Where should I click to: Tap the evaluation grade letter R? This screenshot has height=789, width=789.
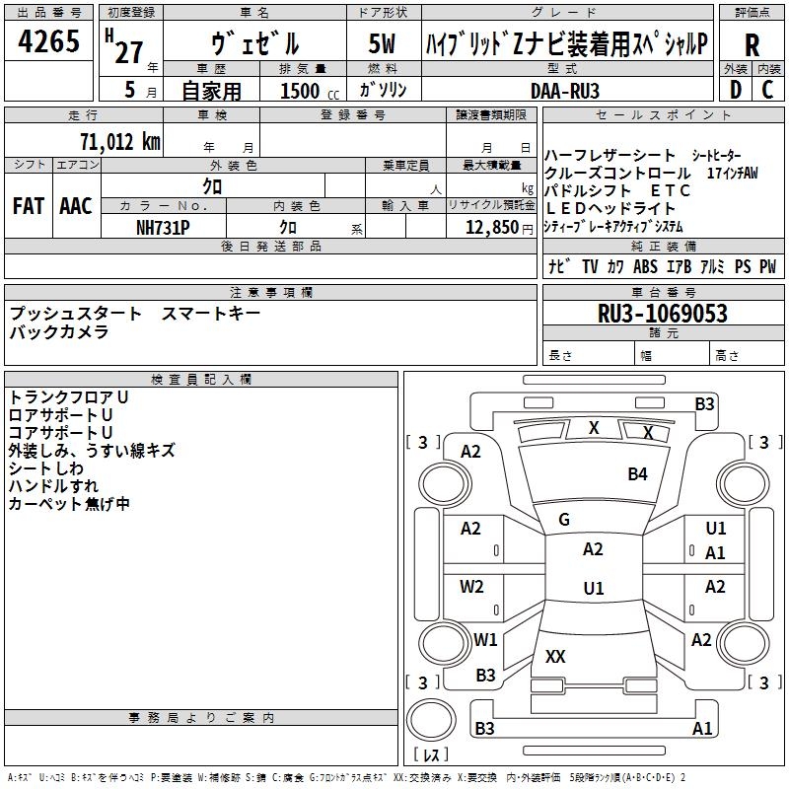[753, 45]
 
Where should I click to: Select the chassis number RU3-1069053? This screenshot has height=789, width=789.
[663, 314]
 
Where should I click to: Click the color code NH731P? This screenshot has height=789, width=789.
[163, 226]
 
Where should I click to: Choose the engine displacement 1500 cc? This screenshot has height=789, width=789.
[301, 91]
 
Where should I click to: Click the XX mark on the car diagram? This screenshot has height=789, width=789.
[555, 656]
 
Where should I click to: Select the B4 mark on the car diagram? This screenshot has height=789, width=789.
[638, 474]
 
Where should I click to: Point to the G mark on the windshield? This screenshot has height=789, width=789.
[564, 520]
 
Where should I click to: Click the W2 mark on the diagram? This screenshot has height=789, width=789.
[472, 586]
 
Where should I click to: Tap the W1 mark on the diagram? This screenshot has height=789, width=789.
[485, 639]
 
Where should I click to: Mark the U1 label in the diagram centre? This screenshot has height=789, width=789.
[593, 588]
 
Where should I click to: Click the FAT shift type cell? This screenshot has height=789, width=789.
[29, 206]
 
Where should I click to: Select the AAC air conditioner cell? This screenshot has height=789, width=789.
[76, 206]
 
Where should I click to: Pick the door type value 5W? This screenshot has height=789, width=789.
[382, 44]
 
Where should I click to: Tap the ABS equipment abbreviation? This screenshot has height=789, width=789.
[646, 266]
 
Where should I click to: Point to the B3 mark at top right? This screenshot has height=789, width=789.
[704, 403]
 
